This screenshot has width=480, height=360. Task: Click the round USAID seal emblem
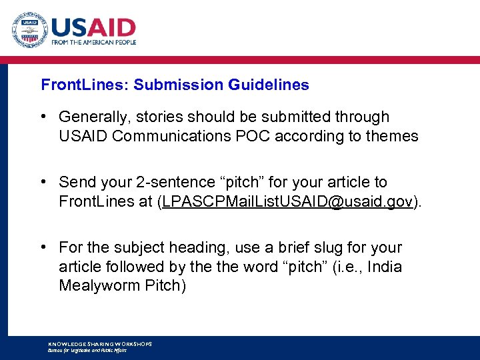tap(29, 31)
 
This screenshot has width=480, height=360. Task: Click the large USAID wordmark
tap(93, 27)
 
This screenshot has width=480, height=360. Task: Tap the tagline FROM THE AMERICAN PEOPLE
tap(93, 42)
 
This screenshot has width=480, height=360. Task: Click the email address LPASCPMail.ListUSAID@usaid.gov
tap(287, 202)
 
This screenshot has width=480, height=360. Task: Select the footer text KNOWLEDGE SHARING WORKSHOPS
tap(100, 344)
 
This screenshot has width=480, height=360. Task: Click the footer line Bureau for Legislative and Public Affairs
tap(87, 350)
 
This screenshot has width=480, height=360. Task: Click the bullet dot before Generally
tap(43, 117)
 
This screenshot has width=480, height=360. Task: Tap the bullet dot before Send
tap(43, 182)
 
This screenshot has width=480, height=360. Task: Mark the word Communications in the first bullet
tap(177, 137)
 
